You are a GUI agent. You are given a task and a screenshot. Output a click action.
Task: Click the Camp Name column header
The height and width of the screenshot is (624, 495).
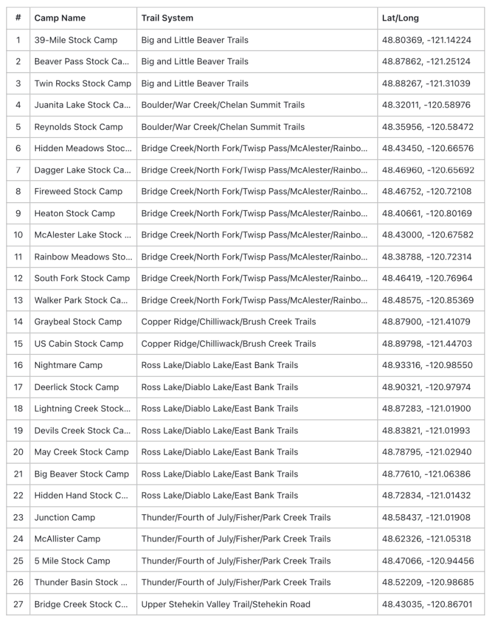click(60, 18)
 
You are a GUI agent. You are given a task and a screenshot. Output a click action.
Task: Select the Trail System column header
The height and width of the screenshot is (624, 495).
click(167, 18)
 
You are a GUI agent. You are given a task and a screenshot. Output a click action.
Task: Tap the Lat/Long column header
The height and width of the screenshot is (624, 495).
click(401, 18)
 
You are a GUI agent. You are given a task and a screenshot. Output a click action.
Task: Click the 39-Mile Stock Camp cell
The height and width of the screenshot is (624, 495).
click(76, 40)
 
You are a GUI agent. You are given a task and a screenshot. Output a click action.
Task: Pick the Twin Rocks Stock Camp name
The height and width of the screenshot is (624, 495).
click(82, 83)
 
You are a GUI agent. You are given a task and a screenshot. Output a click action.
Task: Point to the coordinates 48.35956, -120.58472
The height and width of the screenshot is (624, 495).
click(427, 127)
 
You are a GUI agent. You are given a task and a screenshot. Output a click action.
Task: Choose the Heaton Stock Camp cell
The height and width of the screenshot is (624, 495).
click(74, 213)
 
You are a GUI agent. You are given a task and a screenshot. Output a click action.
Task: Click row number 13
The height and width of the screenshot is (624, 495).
click(18, 300)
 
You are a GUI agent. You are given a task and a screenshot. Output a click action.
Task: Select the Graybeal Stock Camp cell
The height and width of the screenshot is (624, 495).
click(78, 322)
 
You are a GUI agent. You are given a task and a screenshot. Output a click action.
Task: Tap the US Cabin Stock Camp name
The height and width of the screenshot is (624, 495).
click(79, 344)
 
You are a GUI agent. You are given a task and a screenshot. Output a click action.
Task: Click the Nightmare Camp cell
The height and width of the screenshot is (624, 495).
click(68, 365)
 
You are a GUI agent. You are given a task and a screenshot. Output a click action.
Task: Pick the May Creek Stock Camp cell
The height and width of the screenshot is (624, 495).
click(82, 452)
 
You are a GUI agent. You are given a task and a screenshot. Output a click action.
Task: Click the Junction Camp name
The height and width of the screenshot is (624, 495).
click(65, 517)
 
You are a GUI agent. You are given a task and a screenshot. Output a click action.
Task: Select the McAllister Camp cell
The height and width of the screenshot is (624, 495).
click(67, 539)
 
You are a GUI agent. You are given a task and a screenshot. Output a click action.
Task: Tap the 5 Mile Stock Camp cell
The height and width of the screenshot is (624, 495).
click(72, 561)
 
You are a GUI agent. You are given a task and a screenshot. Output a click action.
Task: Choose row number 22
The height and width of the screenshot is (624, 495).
click(18, 495)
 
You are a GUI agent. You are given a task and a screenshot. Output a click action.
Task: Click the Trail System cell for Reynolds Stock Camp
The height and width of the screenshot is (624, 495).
click(223, 127)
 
